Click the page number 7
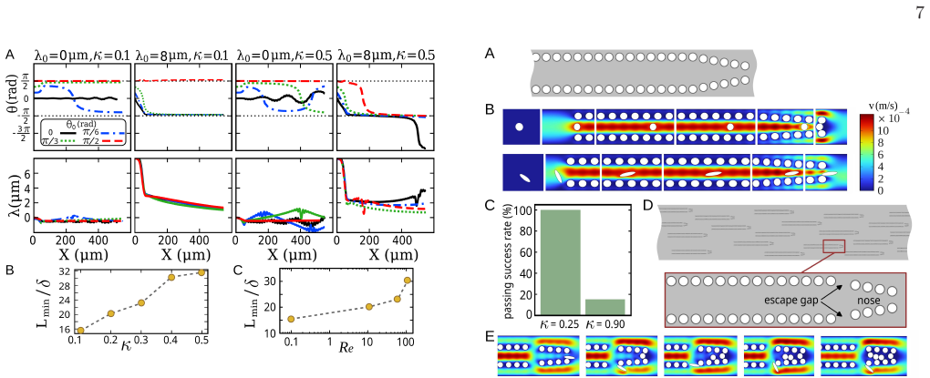coord(920,14)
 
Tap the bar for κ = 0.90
coord(605,307)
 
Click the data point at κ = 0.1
coord(80,330)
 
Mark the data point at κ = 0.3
coord(140,302)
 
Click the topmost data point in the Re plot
coord(407,281)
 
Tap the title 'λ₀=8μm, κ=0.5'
coord(387,55)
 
